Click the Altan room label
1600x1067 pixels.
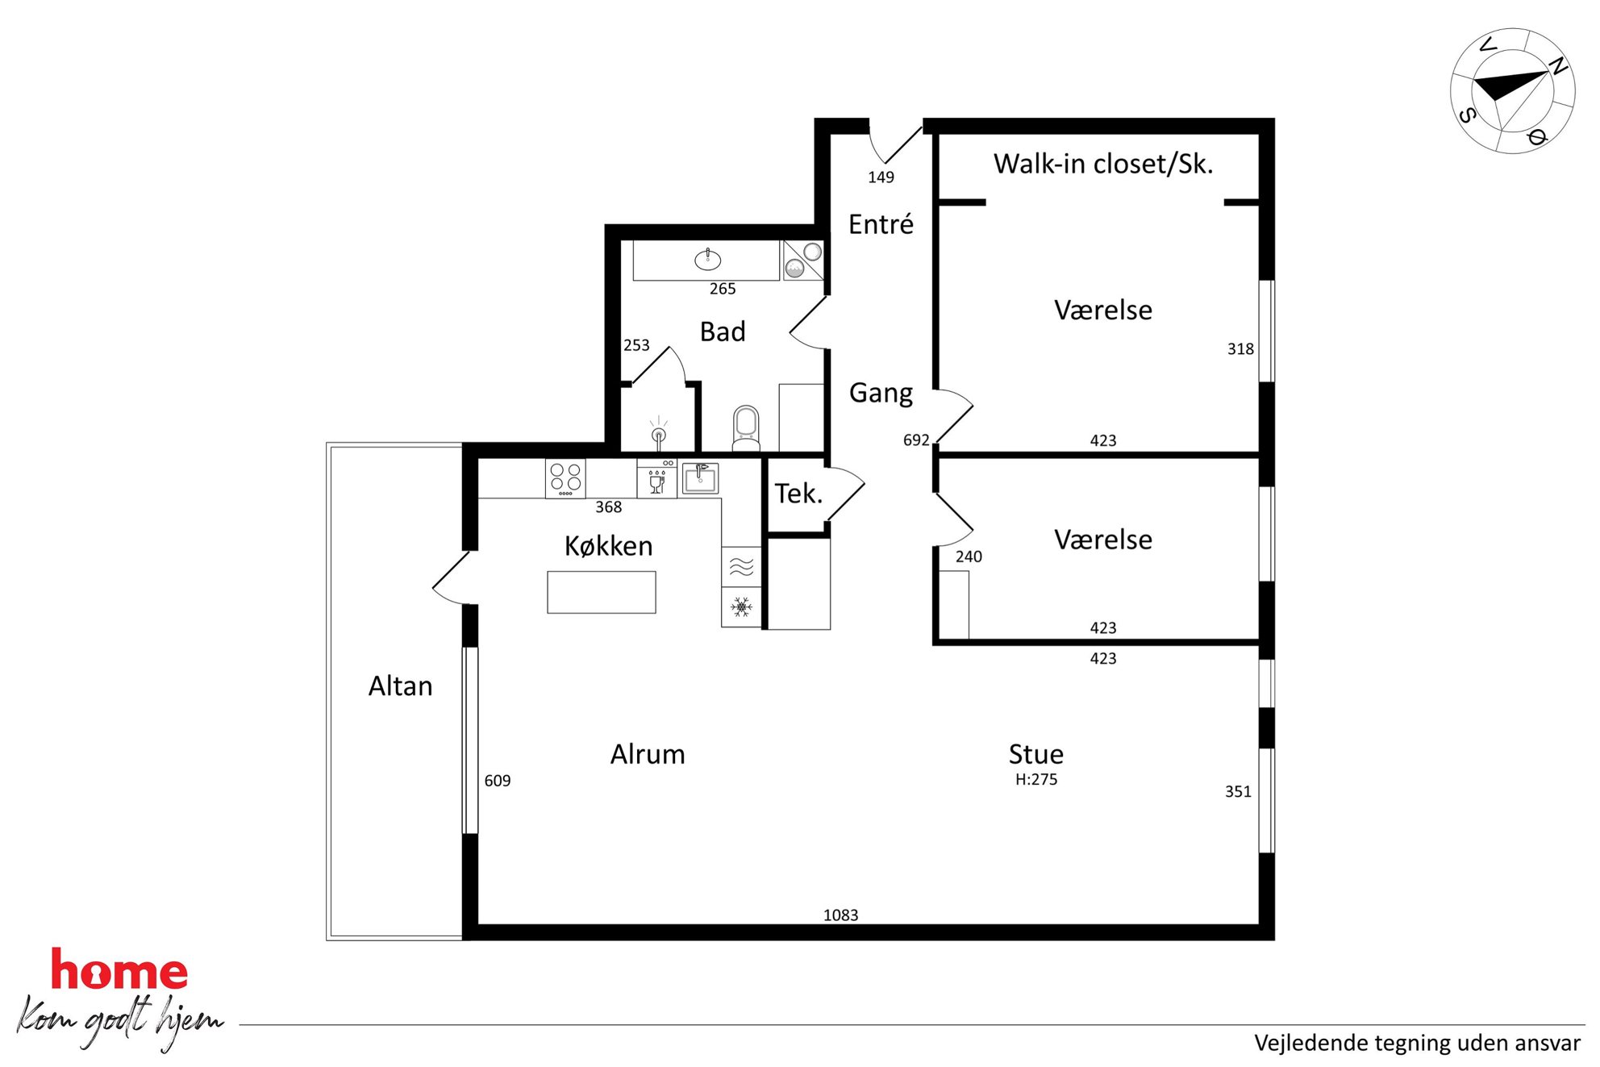pyautogui.click(x=400, y=686)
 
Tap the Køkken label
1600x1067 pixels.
pyautogui.click(x=608, y=546)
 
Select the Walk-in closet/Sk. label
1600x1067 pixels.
pyautogui.click(x=1102, y=164)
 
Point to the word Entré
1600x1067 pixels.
pyautogui.click(x=881, y=223)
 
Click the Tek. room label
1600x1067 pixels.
pyautogui.click(x=798, y=494)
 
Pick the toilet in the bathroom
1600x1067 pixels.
pyautogui.click(x=746, y=428)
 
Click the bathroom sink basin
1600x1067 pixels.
pyautogui.click(x=707, y=260)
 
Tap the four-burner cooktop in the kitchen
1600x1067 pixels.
pyautogui.click(x=565, y=478)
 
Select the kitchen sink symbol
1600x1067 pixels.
pyautogui.click(x=700, y=478)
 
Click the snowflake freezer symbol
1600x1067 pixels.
pyautogui.click(x=741, y=606)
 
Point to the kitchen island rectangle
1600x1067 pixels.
pyautogui.click(x=602, y=592)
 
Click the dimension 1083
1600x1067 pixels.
pyautogui.click(x=840, y=915)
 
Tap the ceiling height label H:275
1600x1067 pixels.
pyautogui.click(x=1036, y=779)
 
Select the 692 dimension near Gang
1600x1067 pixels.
pyautogui.click(x=916, y=440)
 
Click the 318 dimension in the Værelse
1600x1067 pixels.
pyautogui.click(x=1240, y=349)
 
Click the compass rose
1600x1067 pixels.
pyautogui.click(x=1513, y=90)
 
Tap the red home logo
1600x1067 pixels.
pyautogui.click(x=119, y=970)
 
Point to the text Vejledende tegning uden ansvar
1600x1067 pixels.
pyautogui.click(x=1417, y=1043)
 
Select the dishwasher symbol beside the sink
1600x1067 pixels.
pyautogui.click(x=657, y=479)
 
